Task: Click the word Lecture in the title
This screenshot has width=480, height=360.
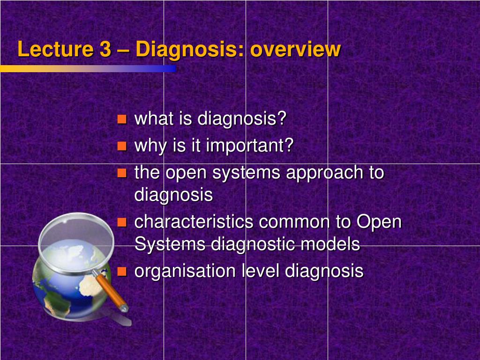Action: click(55, 49)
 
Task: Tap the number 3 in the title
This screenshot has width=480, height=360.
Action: click(105, 49)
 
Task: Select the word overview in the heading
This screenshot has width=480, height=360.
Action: click(295, 49)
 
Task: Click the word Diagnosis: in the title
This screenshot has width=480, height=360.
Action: click(190, 50)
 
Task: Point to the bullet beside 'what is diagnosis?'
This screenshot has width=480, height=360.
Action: click(122, 119)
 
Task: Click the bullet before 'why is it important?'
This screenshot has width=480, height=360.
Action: click(122, 146)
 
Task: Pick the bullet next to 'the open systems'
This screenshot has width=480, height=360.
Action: click(122, 173)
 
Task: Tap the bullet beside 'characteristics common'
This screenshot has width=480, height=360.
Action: click(122, 222)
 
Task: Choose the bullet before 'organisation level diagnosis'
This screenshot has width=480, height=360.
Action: click(122, 271)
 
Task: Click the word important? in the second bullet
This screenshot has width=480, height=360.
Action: click(250, 146)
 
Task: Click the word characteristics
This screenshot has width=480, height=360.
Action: click(194, 222)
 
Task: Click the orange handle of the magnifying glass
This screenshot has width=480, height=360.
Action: click(112, 290)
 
